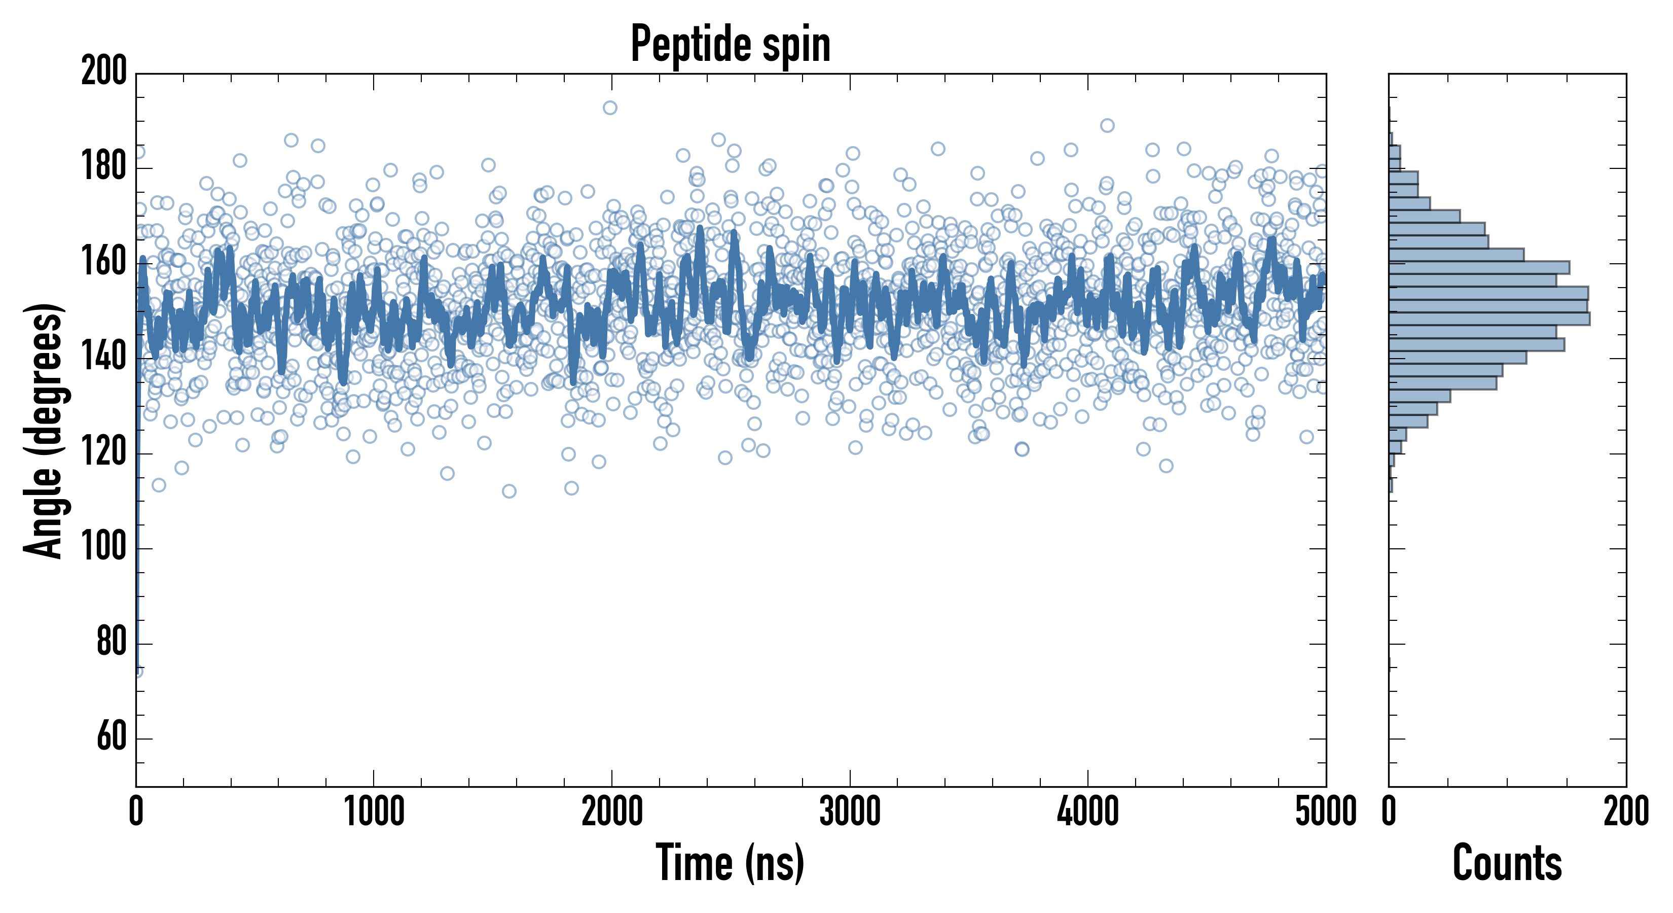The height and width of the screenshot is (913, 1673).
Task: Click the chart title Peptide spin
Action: pos(730,44)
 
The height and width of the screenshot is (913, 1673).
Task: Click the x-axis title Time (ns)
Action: pos(730,862)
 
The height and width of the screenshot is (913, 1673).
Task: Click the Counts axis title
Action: pos(1507,862)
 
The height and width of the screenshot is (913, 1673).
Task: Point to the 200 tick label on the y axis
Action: pos(104,71)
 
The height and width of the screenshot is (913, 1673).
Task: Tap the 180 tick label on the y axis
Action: pos(104,167)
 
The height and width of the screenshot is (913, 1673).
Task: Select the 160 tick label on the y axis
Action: pos(104,263)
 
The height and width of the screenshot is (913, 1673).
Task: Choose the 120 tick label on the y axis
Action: pos(104,453)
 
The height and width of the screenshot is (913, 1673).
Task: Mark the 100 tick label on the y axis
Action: pos(104,547)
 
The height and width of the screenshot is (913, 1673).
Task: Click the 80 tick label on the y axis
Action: pos(111,643)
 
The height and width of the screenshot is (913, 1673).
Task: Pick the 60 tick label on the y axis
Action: pos(111,738)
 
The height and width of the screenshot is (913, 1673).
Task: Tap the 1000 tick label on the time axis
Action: pos(374,812)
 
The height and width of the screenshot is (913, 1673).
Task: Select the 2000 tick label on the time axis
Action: pos(612,812)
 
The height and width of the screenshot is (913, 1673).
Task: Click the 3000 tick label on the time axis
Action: pos(850,812)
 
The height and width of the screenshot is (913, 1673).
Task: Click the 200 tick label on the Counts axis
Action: pos(1625,812)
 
